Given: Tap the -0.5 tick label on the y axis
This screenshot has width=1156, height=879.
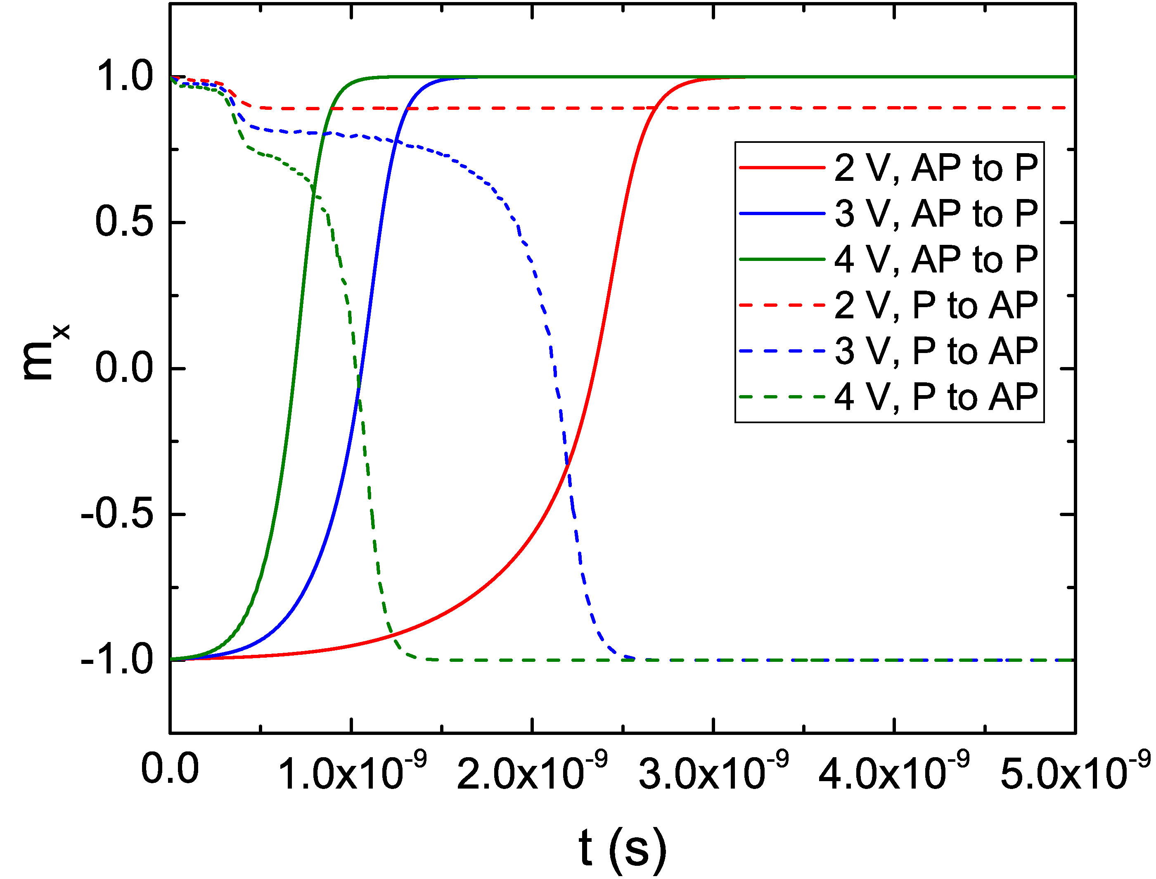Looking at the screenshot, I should click(x=117, y=514).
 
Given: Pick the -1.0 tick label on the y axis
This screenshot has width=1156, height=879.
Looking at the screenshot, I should click(x=117, y=660).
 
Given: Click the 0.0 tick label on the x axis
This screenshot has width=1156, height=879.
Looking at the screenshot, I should click(x=170, y=769).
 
